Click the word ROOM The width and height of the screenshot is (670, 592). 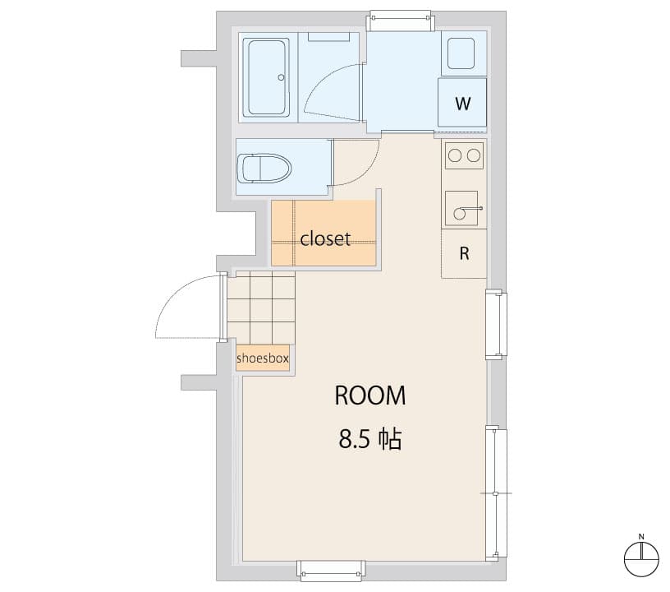369,395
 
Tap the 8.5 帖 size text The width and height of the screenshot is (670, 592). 369,440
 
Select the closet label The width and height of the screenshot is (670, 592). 325,239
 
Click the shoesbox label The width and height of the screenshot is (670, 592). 262,358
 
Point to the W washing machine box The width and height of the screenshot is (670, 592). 463,104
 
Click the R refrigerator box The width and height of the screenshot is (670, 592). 464,253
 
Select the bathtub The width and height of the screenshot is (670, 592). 268,77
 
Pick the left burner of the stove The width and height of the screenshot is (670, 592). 454,154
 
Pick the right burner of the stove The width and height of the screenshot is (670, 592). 474,154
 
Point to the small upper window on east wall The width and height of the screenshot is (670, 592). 496,324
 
